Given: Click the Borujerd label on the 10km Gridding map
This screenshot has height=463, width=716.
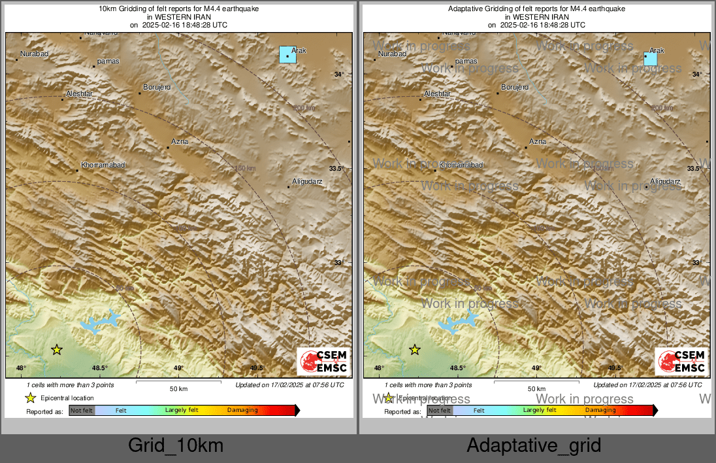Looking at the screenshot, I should [x=157, y=87].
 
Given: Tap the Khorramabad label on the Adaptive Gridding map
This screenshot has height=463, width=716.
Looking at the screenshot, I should [x=461, y=165].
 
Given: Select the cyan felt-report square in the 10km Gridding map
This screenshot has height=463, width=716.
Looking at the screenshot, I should [x=287, y=54].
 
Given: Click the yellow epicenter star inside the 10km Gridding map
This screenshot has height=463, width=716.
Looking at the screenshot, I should [x=57, y=350].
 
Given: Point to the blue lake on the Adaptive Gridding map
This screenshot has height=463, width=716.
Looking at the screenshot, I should [x=457, y=322].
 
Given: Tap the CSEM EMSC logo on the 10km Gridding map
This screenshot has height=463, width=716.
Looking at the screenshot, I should [x=324, y=362].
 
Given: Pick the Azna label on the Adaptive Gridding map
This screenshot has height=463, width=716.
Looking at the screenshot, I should [x=538, y=141].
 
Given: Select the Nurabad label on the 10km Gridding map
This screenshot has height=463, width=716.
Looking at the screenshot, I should [x=34, y=54].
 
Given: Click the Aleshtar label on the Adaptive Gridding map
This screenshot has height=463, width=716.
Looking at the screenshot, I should [x=438, y=94].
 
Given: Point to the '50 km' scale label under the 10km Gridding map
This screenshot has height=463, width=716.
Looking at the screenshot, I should [x=178, y=389].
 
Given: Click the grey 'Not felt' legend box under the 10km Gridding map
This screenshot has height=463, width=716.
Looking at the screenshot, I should [x=82, y=411].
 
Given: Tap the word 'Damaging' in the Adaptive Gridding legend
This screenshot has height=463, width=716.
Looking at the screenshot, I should [x=600, y=410].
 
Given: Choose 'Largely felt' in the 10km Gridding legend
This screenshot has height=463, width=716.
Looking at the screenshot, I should [x=182, y=410].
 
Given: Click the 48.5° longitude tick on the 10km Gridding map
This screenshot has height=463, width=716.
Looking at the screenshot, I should [x=99, y=368].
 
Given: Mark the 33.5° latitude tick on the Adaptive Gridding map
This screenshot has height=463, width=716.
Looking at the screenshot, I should [x=694, y=169].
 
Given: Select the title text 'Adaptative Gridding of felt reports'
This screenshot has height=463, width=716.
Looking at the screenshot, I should [x=536, y=9].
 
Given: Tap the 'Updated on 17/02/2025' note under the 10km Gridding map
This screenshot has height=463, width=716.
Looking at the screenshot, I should [x=289, y=385].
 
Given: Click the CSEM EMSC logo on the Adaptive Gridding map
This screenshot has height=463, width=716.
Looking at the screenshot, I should [x=682, y=362].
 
